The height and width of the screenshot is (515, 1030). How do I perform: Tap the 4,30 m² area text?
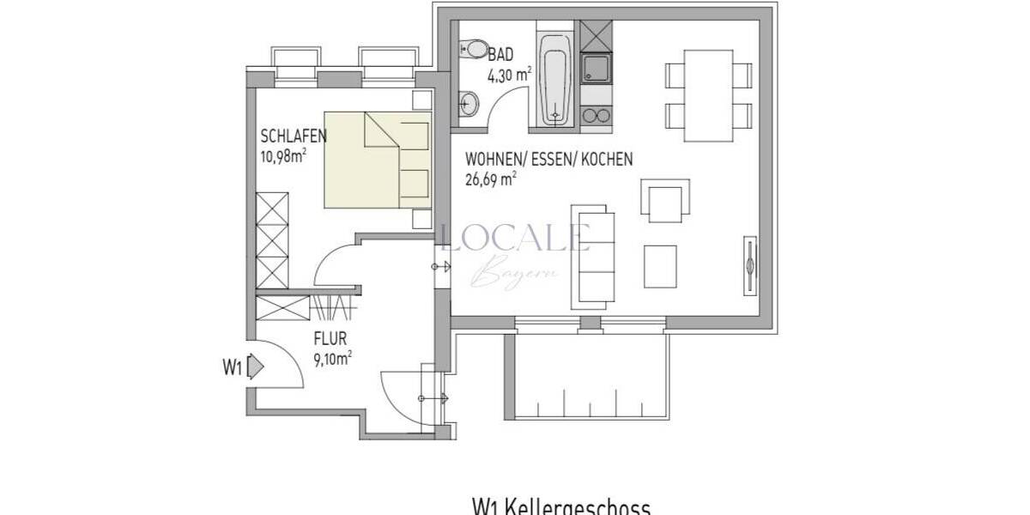[x=510, y=74]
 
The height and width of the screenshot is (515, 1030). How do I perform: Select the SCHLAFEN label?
[x=292, y=138]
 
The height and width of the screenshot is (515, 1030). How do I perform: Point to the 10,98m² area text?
[x=283, y=156]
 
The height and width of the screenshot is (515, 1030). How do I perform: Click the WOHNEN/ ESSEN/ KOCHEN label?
[x=548, y=160]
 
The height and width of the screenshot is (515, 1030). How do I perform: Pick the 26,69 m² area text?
[x=490, y=179]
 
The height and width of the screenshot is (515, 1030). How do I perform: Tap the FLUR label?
[x=330, y=339]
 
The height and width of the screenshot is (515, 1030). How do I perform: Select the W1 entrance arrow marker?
[x=255, y=367]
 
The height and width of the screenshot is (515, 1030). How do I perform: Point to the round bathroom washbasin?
[x=469, y=104]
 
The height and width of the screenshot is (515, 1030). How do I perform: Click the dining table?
[x=708, y=94]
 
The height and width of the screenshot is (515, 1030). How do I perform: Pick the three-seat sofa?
[x=592, y=255]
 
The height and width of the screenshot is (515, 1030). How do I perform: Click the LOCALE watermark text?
[x=514, y=237]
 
